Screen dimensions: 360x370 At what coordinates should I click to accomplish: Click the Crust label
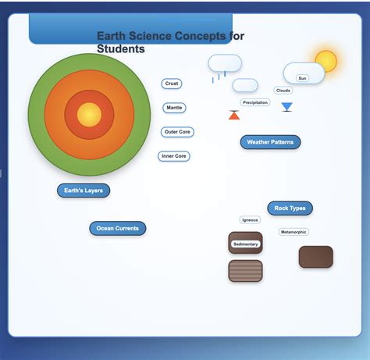(x=172, y=84)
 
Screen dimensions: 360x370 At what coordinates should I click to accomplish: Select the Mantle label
(x=174, y=108)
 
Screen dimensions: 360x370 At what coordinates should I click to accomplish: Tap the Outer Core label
(x=177, y=132)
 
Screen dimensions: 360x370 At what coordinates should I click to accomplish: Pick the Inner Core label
(x=173, y=156)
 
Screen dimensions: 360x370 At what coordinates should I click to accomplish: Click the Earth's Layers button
(x=84, y=191)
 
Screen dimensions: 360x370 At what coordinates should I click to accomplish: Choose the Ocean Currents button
(x=117, y=229)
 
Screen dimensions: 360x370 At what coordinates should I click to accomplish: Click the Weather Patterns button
(x=270, y=142)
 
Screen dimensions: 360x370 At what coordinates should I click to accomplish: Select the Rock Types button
(x=290, y=209)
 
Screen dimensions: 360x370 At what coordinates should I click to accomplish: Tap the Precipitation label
(x=255, y=102)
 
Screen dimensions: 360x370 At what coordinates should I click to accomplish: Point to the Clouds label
(x=283, y=91)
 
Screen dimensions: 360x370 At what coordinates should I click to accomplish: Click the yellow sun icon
(x=326, y=61)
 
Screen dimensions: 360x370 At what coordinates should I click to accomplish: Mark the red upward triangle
(x=234, y=116)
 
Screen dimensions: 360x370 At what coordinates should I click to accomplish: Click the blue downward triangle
(x=286, y=107)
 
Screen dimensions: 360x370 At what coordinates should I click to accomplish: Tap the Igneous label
(x=250, y=220)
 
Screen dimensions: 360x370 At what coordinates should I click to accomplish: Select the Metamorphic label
(x=294, y=232)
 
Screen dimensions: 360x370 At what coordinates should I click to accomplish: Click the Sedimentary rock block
(x=245, y=243)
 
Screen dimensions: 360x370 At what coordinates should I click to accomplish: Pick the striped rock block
(x=245, y=271)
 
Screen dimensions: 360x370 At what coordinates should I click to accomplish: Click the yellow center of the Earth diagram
(x=89, y=115)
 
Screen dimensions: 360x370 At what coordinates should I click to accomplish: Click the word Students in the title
(x=121, y=49)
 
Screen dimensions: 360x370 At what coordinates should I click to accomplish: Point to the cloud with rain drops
(x=224, y=64)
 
